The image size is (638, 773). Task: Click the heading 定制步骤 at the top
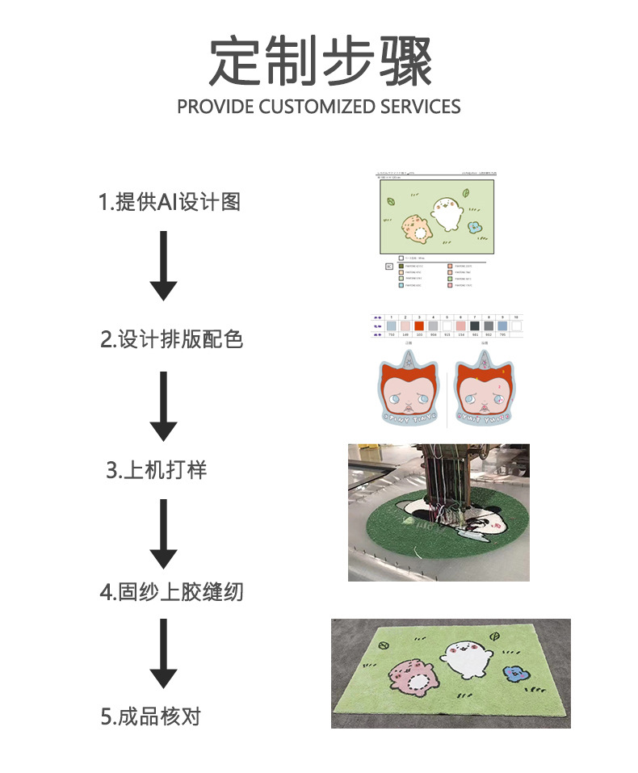click(x=320, y=62)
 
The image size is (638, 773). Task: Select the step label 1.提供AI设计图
click(x=170, y=202)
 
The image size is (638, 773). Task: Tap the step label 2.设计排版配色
click(x=171, y=339)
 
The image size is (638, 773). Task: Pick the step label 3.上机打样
click(x=157, y=470)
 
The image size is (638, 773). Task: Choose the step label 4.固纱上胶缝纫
click(x=171, y=592)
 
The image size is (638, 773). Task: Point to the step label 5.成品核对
click(x=151, y=716)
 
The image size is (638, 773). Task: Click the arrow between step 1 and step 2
click(x=163, y=267)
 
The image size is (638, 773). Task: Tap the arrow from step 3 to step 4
click(x=163, y=533)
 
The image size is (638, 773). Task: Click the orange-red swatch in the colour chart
click(x=419, y=326)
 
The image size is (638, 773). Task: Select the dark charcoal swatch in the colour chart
click(x=489, y=326)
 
